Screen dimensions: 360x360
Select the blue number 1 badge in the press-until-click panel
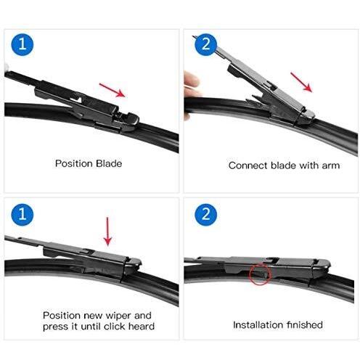click(21, 215)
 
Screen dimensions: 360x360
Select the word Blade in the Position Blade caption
click(108, 164)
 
